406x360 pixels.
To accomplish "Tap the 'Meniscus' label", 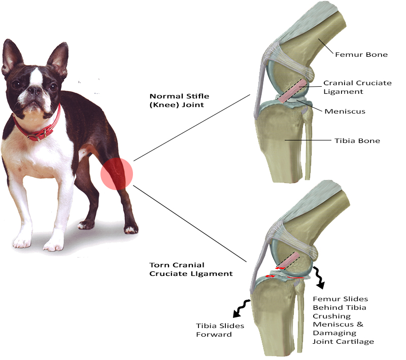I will point(345,111).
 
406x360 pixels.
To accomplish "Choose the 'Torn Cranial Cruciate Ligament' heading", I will point(191,269).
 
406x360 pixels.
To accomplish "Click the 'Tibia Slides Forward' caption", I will point(220,330).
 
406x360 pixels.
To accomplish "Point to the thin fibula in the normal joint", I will point(308,147).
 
